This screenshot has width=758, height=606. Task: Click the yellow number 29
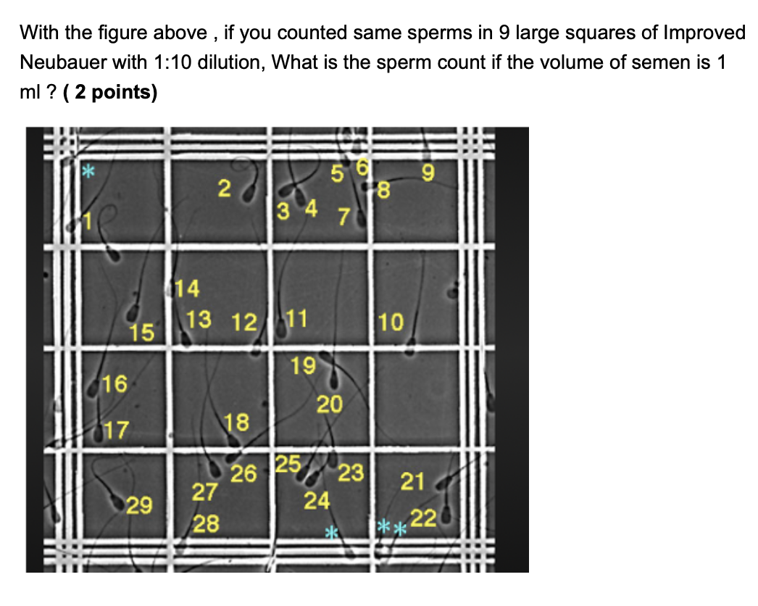click(x=138, y=505)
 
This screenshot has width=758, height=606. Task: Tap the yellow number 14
click(x=187, y=289)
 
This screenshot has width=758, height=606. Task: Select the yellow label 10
click(x=391, y=322)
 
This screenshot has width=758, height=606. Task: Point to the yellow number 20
click(x=329, y=404)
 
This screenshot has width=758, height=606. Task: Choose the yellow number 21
click(x=412, y=481)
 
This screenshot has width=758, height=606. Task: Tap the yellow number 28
click(x=206, y=523)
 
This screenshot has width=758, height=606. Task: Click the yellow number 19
click(x=303, y=366)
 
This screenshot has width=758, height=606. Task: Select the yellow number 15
click(x=142, y=333)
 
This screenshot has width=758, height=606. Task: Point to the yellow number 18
click(x=237, y=421)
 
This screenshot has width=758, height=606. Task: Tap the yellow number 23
click(x=351, y=473)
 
